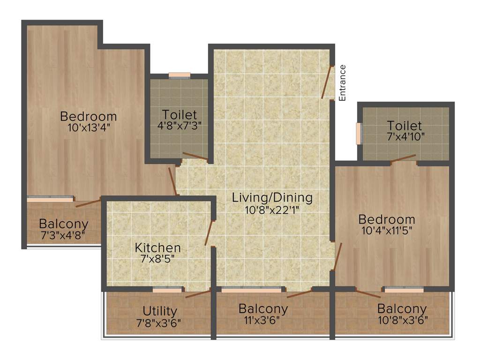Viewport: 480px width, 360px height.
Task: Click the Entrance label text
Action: [x=342, y=83]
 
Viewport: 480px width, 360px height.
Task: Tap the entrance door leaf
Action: [x=328, y=82]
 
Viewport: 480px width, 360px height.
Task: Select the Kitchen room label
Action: [x=157, y=247]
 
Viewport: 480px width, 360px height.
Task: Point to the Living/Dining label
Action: [x=272, y=197]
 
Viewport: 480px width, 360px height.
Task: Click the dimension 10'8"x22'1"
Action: [x=272, y=210]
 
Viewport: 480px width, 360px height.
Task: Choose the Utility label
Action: [x=160, y=311]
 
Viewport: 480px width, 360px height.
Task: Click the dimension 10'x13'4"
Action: [x=89, y=127]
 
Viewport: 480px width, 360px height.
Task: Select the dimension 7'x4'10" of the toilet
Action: [x=405, y=137]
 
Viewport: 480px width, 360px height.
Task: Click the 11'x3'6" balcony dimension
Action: [x=263, y=321]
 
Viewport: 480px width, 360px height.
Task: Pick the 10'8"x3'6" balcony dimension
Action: [x=402, y=321]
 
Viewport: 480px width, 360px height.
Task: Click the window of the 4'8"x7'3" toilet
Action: [x=180, y=75]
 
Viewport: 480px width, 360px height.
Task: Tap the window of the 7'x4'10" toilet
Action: [x=359, y=134]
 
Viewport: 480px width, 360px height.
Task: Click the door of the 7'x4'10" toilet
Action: [x=403, y=158]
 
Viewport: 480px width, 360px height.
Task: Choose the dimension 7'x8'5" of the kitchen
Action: [x=157, y=259]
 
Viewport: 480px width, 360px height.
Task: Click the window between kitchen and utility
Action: [x=167, y=290]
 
